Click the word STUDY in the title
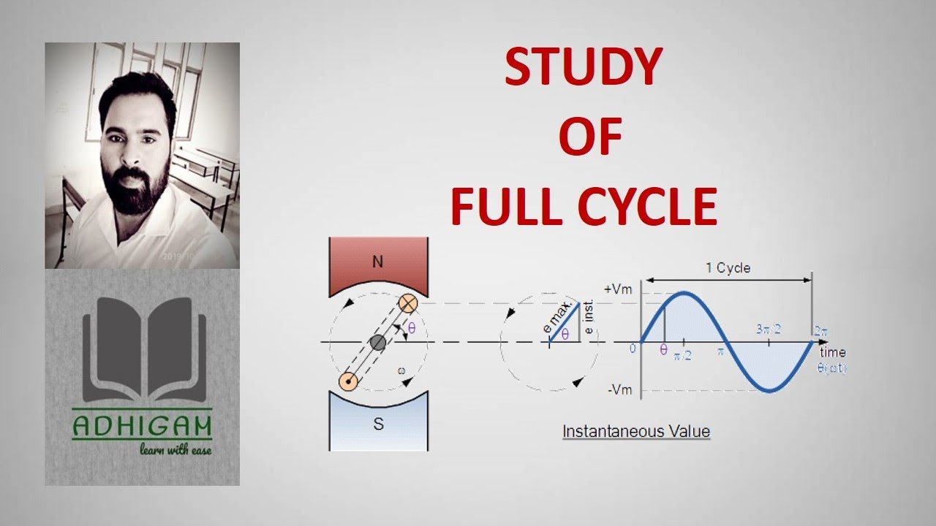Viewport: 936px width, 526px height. pos(583,68)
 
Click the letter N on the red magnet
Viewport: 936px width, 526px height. pos(377,262)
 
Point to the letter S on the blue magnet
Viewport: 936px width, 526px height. pos(378,424)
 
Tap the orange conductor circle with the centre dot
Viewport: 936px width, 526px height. pos(349,381)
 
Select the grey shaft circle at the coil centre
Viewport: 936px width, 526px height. pos(377,342)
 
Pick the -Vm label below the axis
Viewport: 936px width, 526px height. pos(620,389)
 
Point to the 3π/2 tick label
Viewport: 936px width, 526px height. pos(769,329)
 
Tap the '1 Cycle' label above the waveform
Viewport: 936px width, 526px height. pos(728,268)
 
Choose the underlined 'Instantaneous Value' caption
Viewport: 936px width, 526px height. pos(635,431)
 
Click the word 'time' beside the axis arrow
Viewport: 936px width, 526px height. pos(832,353)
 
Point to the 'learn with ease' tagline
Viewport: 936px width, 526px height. pos(175,449)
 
